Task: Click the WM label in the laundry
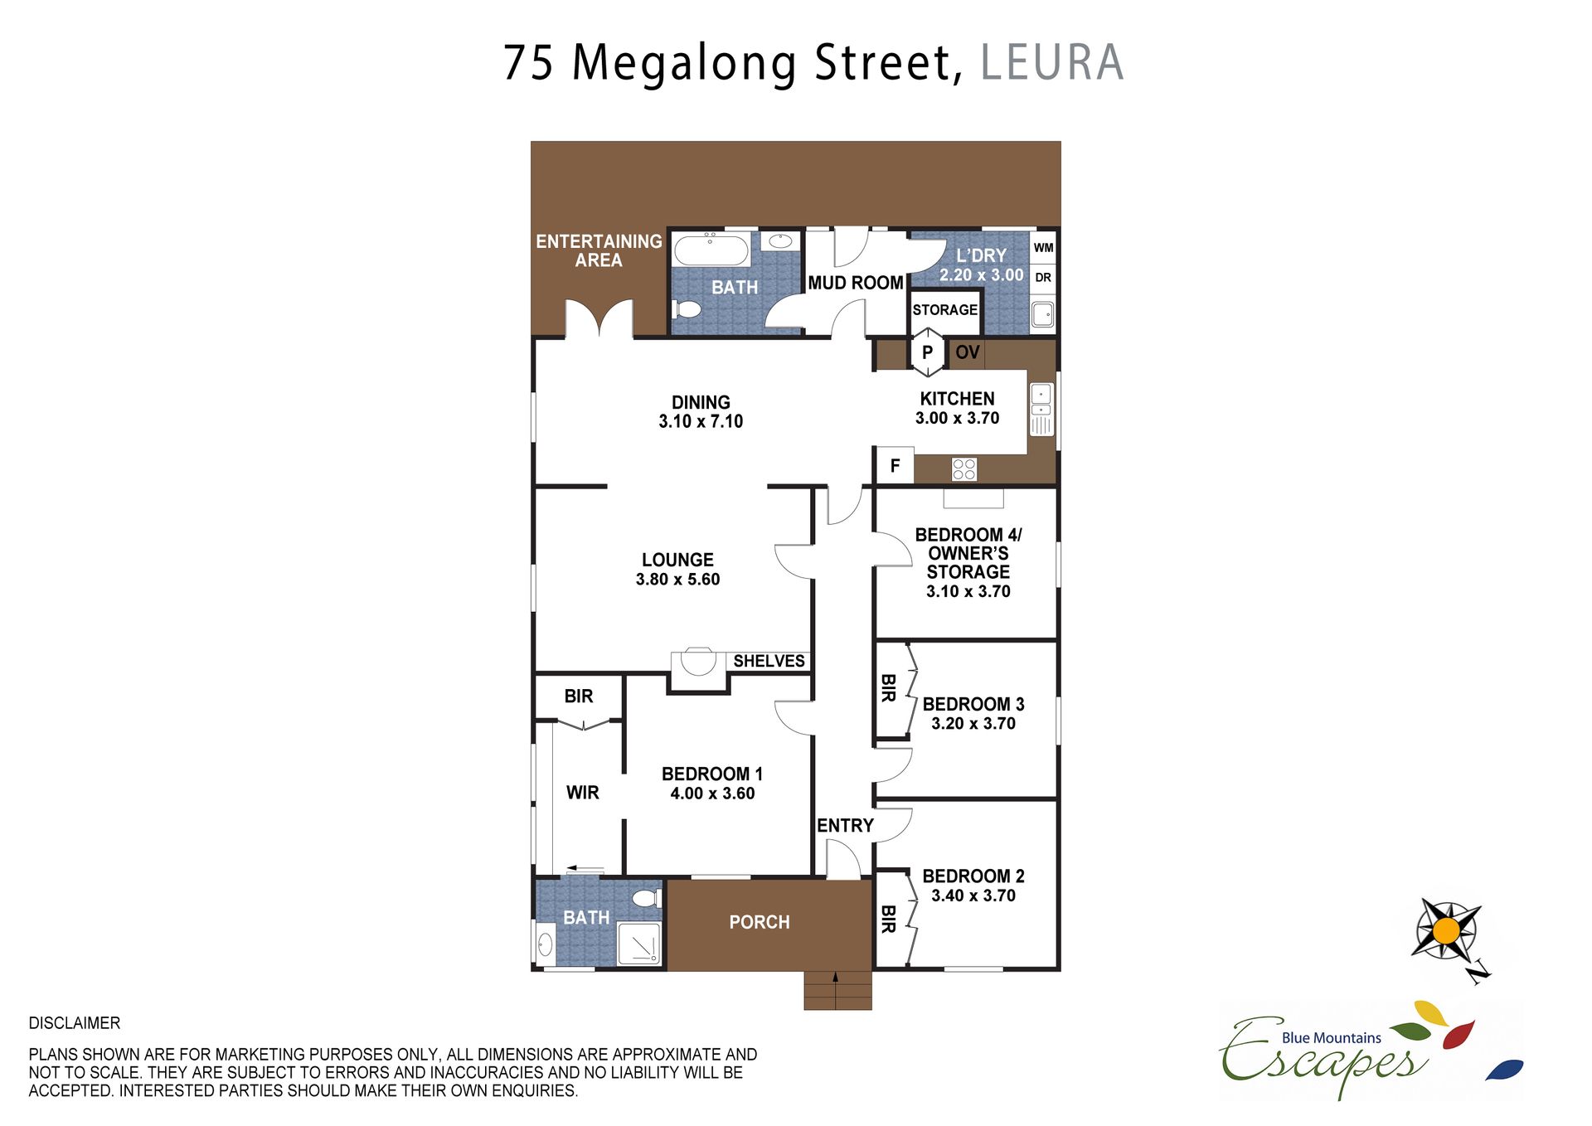pyautogui.click(x=1043, y=247)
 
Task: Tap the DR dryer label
pyautogui.click(x=1043, y=278)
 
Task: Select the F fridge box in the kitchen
pyautogui.click(x=895, y=465)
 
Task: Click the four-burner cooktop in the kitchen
pyautogui.click(x=963, y=469)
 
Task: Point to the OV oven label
pyautogui.click(x=967, y=352)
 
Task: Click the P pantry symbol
pyautogui.click(x=928, y=352)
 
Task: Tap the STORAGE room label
pyautogui.click(x=944, y=310)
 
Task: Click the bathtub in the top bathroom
pyautogui.click(x=711, y=249)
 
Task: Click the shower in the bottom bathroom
pyautogui.click(x=639, y=943)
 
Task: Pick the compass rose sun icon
pyautogui.click(x=1446, y=930)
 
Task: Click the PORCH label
pyautogui.click(x=760, y=922)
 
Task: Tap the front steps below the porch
pyautogui.click(x=837, y=990)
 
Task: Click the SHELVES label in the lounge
pyautogui.click(x=769, y=661)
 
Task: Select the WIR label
pyautogui.click(x=582, y=793)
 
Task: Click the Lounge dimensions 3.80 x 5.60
pyautogui.click(x=677, y=580)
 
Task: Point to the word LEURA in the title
pyautogui.click(x=1051, y=63)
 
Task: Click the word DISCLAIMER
pyautogui.click(x=75, y=1023)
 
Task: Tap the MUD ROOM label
pyautogui.click(x=856, y=283)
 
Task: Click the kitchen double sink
pyautogui.click(x=1041, y=409)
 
